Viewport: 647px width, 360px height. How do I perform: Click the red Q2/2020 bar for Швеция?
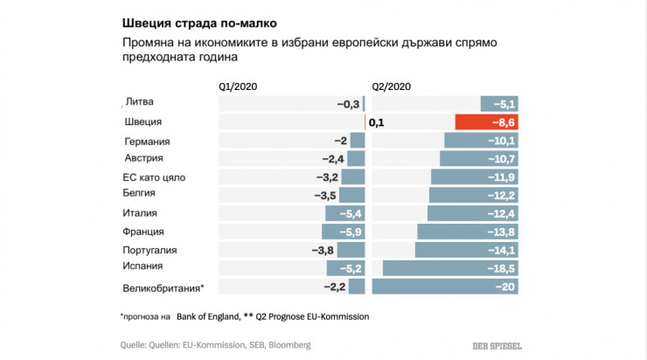tap(486, 122)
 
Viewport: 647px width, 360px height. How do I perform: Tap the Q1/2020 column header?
tap(238, 86)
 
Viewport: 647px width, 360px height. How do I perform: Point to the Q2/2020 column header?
tap(392, 86)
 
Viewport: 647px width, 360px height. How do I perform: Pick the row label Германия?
tap(147, 142)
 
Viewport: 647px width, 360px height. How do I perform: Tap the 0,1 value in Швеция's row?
tap(377, 122)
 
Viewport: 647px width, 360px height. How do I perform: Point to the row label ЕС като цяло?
tap(154, 177)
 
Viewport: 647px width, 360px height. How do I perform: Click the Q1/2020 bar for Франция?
tap(343, 232)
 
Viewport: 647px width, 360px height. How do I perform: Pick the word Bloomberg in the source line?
tap(287, 345)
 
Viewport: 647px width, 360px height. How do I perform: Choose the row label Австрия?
tap(144, 158)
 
